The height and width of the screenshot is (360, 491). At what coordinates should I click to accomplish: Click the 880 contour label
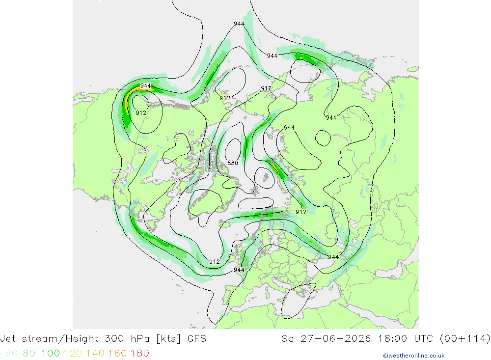tap(233, 163)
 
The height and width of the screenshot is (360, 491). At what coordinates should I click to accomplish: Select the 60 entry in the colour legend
tap(12, 353)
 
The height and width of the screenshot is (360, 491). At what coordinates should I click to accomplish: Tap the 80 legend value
tap(29, 353)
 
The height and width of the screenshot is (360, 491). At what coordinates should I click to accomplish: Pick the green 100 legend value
tap(51, 353)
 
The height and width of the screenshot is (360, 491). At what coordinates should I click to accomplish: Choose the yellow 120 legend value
tap(73, 353)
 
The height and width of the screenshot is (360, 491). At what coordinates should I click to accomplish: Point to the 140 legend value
tap(95, 353)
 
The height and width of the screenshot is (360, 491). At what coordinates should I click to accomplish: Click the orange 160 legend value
tap(117, 353)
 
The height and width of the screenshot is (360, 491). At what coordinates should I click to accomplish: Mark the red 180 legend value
tap(140, 353)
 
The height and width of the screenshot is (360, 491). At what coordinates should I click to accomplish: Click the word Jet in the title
tap(7, 339)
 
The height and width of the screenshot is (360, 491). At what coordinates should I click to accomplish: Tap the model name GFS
tap(197, 339)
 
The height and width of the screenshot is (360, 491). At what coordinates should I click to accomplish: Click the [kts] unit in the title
tap(168, 339)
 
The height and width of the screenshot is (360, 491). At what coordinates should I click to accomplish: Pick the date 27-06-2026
tap(336, 339)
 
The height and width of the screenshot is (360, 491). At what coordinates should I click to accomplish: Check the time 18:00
tap(393, 339)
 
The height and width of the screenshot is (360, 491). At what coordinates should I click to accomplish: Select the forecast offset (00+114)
tap(465, 339)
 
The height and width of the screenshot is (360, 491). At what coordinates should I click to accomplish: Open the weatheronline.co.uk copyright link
tap(413, 356)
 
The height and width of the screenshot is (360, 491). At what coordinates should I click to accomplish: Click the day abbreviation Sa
tap(288, 339)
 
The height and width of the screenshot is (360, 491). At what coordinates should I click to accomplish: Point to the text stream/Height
tap(60, 339)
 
